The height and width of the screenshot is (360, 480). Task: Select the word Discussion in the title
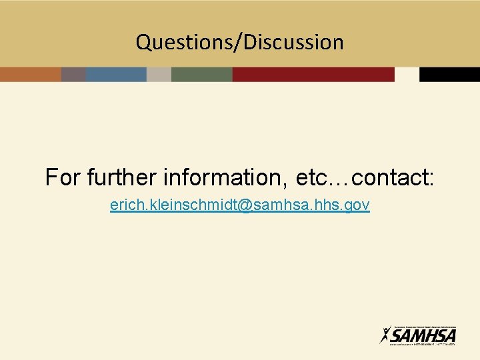tap(293, 43)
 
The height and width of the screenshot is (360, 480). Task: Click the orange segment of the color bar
tap(30, 74)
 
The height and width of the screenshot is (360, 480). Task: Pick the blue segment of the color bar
tap(116, 74)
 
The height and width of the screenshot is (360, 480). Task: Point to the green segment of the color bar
tap(201, 74)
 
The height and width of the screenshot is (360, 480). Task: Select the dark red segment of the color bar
tap(313, 74)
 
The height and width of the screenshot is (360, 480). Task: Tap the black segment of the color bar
tap(449, 74)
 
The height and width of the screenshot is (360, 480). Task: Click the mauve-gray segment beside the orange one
tap(73, 74)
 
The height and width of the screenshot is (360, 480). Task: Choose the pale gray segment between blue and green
tap(159, 74)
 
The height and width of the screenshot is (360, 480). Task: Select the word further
tap(123, 178)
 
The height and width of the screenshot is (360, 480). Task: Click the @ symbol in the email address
tap(241, 206)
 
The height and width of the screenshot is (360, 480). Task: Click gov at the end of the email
tap(358, 206)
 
